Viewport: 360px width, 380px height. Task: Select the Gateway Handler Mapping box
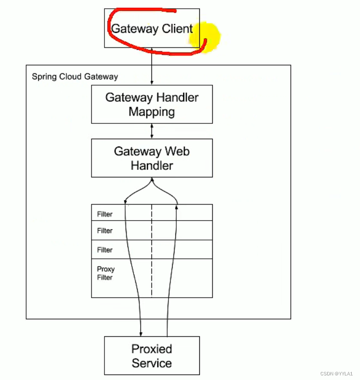tap(151, 104)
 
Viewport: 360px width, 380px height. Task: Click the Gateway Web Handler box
tap(151, 158)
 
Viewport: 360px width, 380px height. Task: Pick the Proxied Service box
tap(151, 355)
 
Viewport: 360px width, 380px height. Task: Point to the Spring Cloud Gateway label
tap(75, 76)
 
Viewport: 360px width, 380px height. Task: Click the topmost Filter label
tap(105, 214)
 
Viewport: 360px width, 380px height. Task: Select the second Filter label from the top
tap(105, 231)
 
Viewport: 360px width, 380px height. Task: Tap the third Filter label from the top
tap(105, 250)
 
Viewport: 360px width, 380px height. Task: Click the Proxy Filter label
tap(105, 273)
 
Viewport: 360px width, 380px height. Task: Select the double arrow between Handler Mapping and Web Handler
tap(152, 131)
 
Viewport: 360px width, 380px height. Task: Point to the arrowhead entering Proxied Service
tap(141, 333)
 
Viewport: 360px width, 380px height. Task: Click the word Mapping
tap(151, 111)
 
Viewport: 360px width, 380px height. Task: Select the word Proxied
tap(151, 349)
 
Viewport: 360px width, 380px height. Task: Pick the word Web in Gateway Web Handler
tap(177, 152)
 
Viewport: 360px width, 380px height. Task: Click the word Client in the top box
tap(177, 29)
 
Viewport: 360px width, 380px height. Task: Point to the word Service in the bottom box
tap(151, 363)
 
